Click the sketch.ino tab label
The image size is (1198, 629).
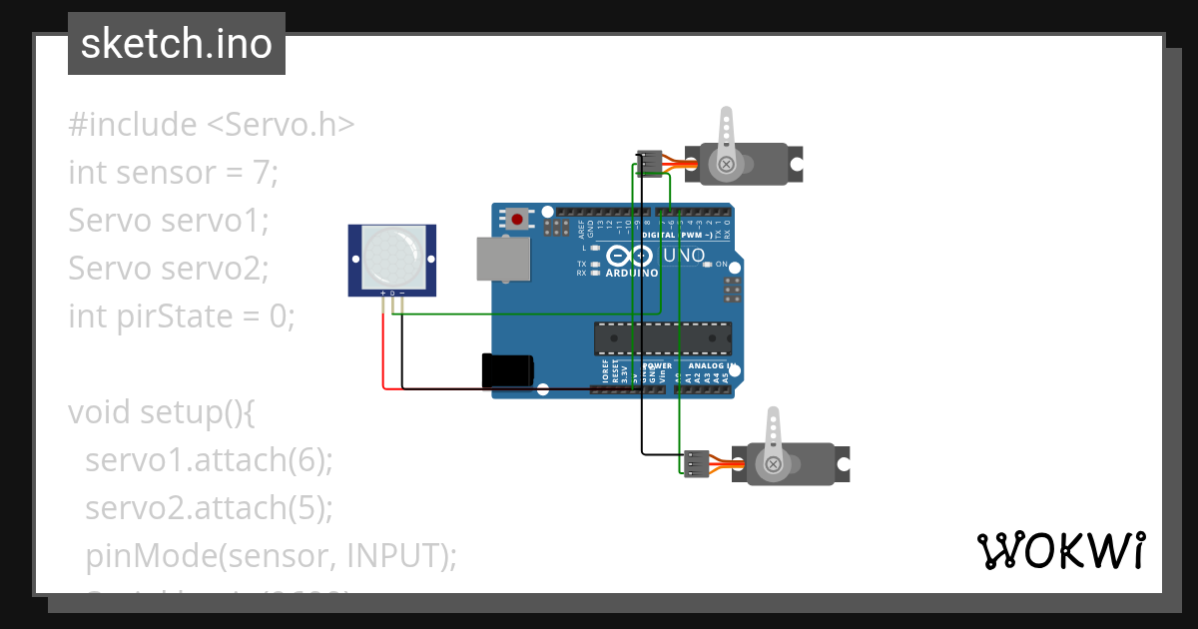[176, 44]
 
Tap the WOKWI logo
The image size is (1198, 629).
[1060, 551]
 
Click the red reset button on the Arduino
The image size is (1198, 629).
[516, 219]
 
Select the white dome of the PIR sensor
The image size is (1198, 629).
[392, 256]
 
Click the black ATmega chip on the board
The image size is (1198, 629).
[662, 339]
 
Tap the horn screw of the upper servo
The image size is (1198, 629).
[727, 163]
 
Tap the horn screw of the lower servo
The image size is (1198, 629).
[772, 464]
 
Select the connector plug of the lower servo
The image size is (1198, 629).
[696, 464]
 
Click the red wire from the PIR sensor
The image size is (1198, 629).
[383, 349]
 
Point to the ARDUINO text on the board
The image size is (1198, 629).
[631, 272]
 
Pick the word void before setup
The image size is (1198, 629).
[100, 411]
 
